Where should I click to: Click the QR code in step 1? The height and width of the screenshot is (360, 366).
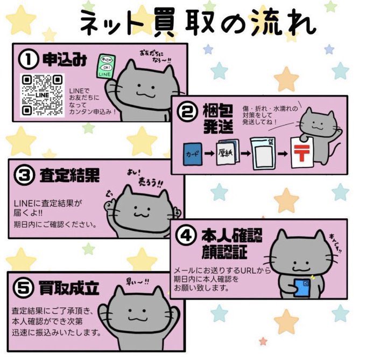(x=42, y=94)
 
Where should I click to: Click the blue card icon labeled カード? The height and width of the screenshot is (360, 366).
(x=193, y=153)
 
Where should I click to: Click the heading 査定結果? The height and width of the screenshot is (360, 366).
(x=71, y=175)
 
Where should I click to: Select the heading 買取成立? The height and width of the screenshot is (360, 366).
(x=69, y=288)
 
